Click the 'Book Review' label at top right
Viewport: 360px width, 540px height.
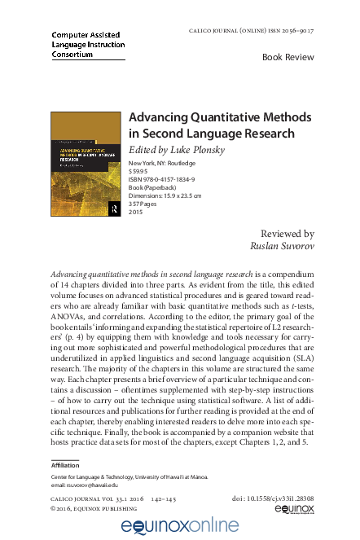[288, 57]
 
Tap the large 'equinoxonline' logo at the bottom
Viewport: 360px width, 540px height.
[180, 527]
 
